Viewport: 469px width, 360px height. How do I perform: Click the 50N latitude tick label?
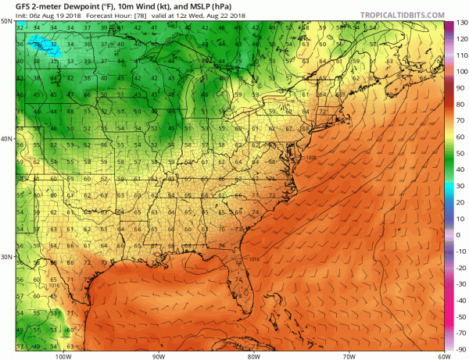coord(7,22)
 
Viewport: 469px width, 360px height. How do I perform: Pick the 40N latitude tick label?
coord(7,139)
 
